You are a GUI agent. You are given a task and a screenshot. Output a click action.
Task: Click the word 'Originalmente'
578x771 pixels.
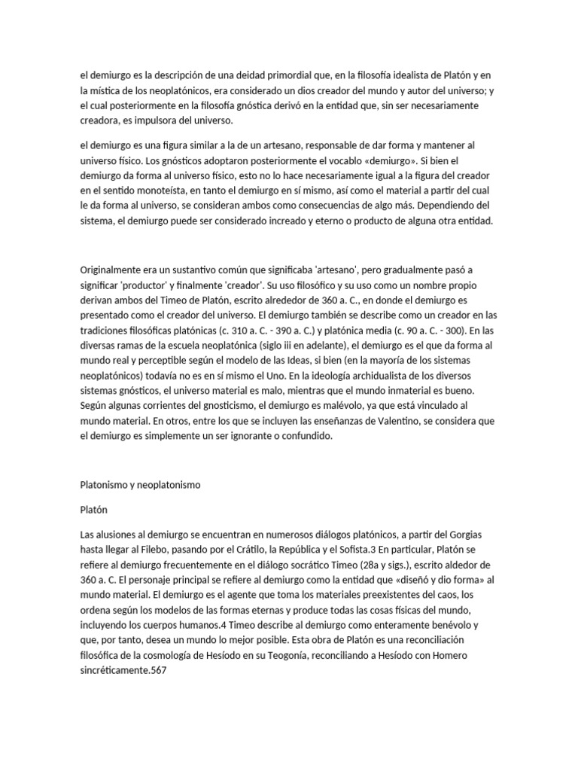[x=111, y=270]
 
